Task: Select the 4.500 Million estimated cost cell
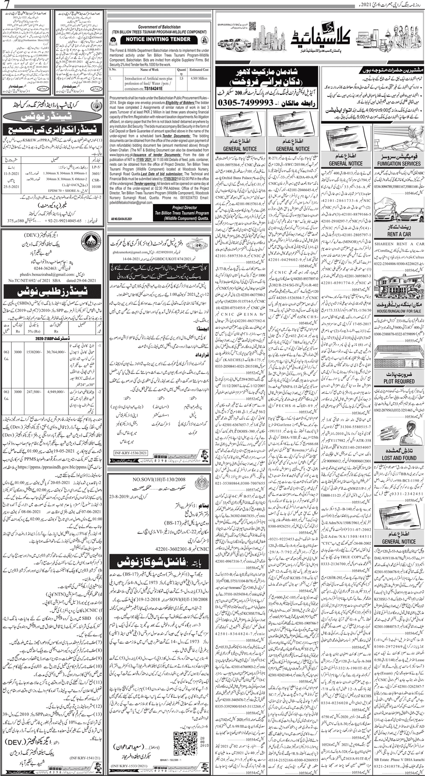(199, 79)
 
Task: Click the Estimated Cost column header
(199, 69)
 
